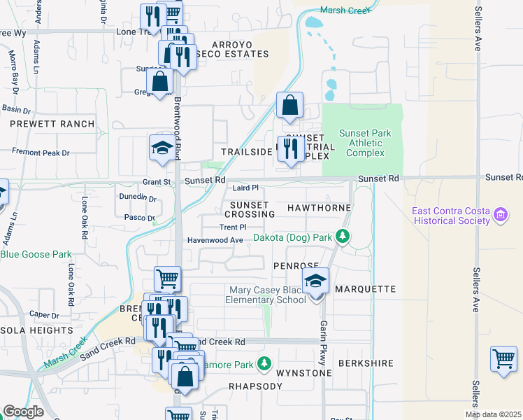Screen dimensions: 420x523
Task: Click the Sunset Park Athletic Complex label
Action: click(364, 143)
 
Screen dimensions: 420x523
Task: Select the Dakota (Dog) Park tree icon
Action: click(342, 237)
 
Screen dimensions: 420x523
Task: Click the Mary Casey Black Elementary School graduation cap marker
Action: click(316, 281)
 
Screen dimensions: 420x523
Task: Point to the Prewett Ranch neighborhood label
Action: click(52, 124)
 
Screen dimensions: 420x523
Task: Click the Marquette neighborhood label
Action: click(365, 289)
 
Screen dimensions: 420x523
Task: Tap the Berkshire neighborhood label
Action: click(366, 364)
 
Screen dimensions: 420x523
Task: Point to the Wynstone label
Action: click(303, 373)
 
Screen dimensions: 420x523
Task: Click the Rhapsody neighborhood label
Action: click(236, 386)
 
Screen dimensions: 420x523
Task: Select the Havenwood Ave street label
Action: click(215, 240)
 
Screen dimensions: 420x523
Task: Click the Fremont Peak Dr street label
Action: click(41, 152)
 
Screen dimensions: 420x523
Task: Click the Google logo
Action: click(23, 412)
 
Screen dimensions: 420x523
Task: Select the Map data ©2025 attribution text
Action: click(493, 414)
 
